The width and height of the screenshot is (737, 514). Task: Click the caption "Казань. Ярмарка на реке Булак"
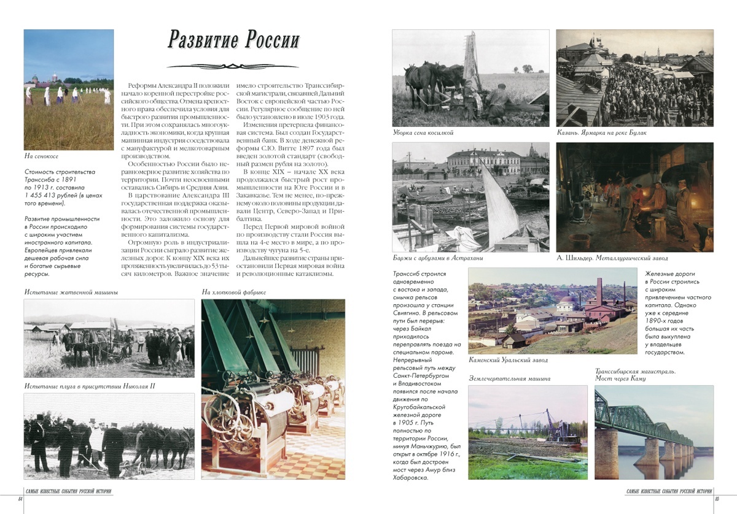coord(601,132)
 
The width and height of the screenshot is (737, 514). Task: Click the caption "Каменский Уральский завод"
coord(508,360)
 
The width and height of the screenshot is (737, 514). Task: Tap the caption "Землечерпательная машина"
coord(509,378)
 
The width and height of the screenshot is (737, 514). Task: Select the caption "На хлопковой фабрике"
coord(234,292)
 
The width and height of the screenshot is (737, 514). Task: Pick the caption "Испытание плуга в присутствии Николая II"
coord(90,386)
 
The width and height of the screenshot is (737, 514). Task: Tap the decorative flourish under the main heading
coord(233,66)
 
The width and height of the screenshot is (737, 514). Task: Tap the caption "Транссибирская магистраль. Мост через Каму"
coord(636,375)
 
